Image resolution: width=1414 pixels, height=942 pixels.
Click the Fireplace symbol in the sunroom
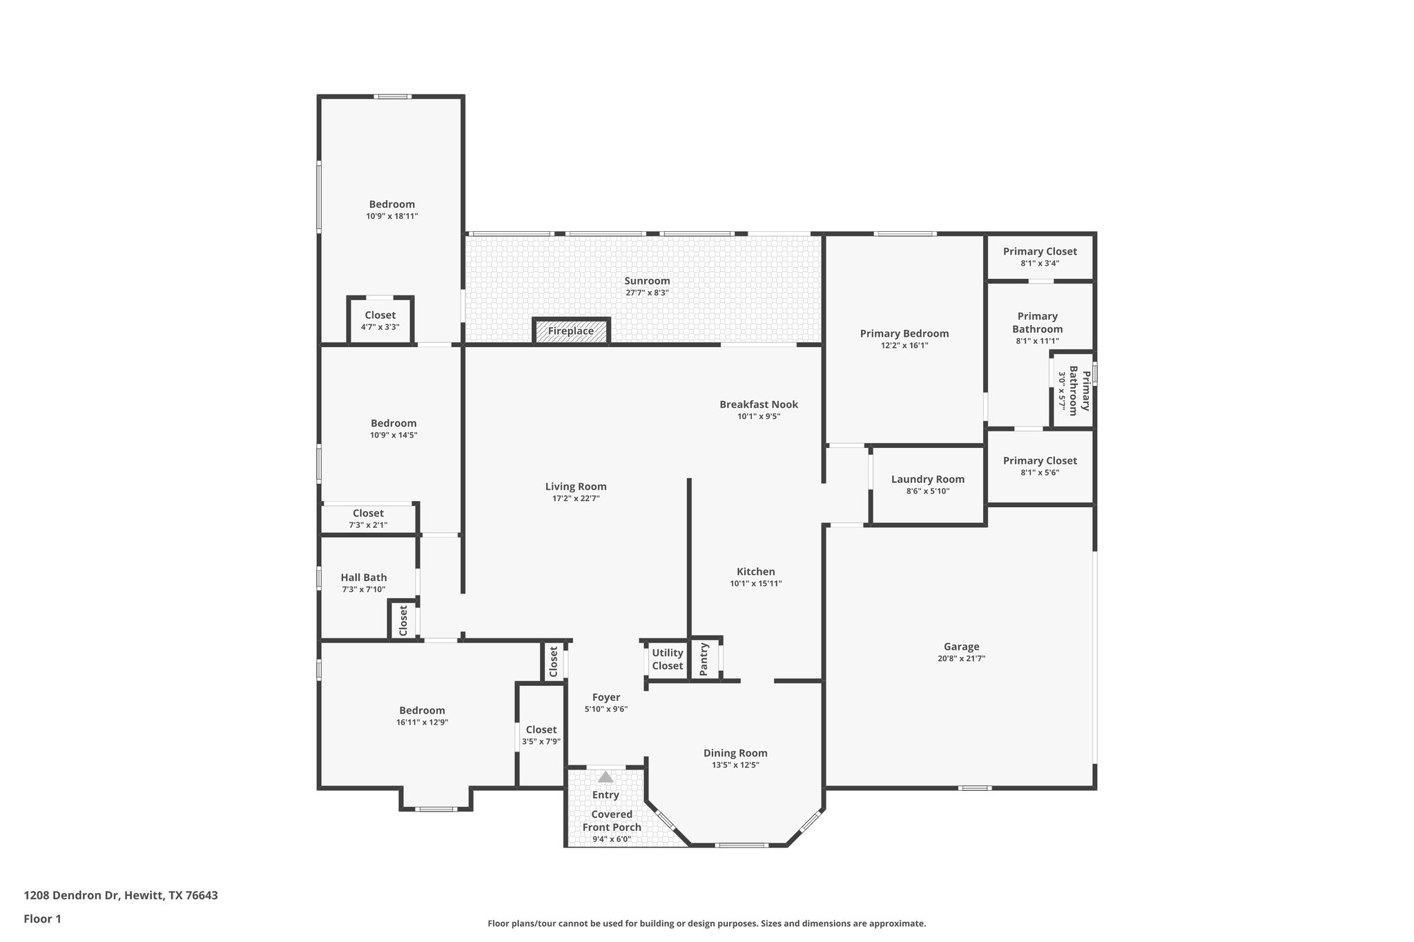coord(571,331)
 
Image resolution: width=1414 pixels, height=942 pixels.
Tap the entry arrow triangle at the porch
coord(606,777)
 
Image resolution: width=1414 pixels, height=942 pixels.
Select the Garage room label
coord(961,647)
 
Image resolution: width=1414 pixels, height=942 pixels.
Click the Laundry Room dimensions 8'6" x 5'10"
coord(927,491)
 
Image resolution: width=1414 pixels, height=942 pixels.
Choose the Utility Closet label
coord(667,659)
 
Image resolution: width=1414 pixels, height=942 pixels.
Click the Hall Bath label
coord(364,578)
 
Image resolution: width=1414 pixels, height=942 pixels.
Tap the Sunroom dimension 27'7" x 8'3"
coord(647,293)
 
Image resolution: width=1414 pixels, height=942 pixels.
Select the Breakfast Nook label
coord(759,404)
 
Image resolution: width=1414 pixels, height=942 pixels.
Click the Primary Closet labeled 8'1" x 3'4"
coord(1040,252)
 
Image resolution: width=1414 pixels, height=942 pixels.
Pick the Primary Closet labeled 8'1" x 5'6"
coord(1040,461)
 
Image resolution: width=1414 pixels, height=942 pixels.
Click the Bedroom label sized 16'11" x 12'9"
coord(422,711)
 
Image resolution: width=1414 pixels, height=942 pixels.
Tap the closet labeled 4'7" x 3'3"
coord(380,315)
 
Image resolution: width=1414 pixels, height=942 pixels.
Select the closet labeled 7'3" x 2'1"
coord(368,513)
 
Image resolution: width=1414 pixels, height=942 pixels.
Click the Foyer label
coord(606,698)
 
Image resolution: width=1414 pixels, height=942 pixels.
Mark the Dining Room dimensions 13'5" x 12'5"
coord(735,765)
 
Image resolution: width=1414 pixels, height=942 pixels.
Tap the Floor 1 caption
coord(43,919)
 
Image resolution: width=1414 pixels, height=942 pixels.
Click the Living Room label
coord(575,487)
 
